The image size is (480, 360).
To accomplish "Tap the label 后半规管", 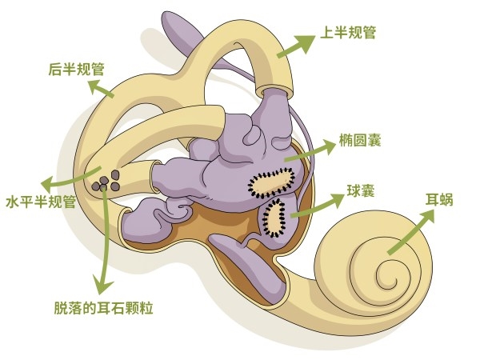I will point(76,70).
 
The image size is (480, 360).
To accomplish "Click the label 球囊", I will point(360,192).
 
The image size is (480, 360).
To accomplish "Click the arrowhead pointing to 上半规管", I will point(308,39).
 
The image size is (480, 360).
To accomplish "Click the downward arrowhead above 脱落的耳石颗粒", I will point(102,284).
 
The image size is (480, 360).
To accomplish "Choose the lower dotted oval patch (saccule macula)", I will point(274,218).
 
